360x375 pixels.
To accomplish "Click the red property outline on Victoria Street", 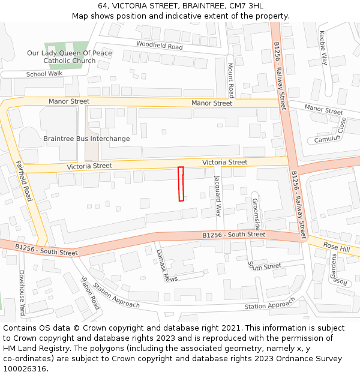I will click(181, 184).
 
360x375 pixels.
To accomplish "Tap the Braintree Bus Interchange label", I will click(86, 139).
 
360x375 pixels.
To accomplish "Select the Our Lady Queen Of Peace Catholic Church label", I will click(69, 57).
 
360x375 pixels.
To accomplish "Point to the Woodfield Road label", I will click(159, 46).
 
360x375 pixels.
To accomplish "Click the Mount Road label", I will click(230, 80).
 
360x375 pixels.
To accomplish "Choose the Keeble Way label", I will click(324, 48).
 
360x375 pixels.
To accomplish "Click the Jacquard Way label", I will click(218, 196).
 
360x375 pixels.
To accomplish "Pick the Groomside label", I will click(256, 214).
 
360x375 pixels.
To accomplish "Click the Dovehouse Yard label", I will click(22, 293).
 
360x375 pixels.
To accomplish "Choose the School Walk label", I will click(44, 74).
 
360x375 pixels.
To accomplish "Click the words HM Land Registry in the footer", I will click(29, 349).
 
